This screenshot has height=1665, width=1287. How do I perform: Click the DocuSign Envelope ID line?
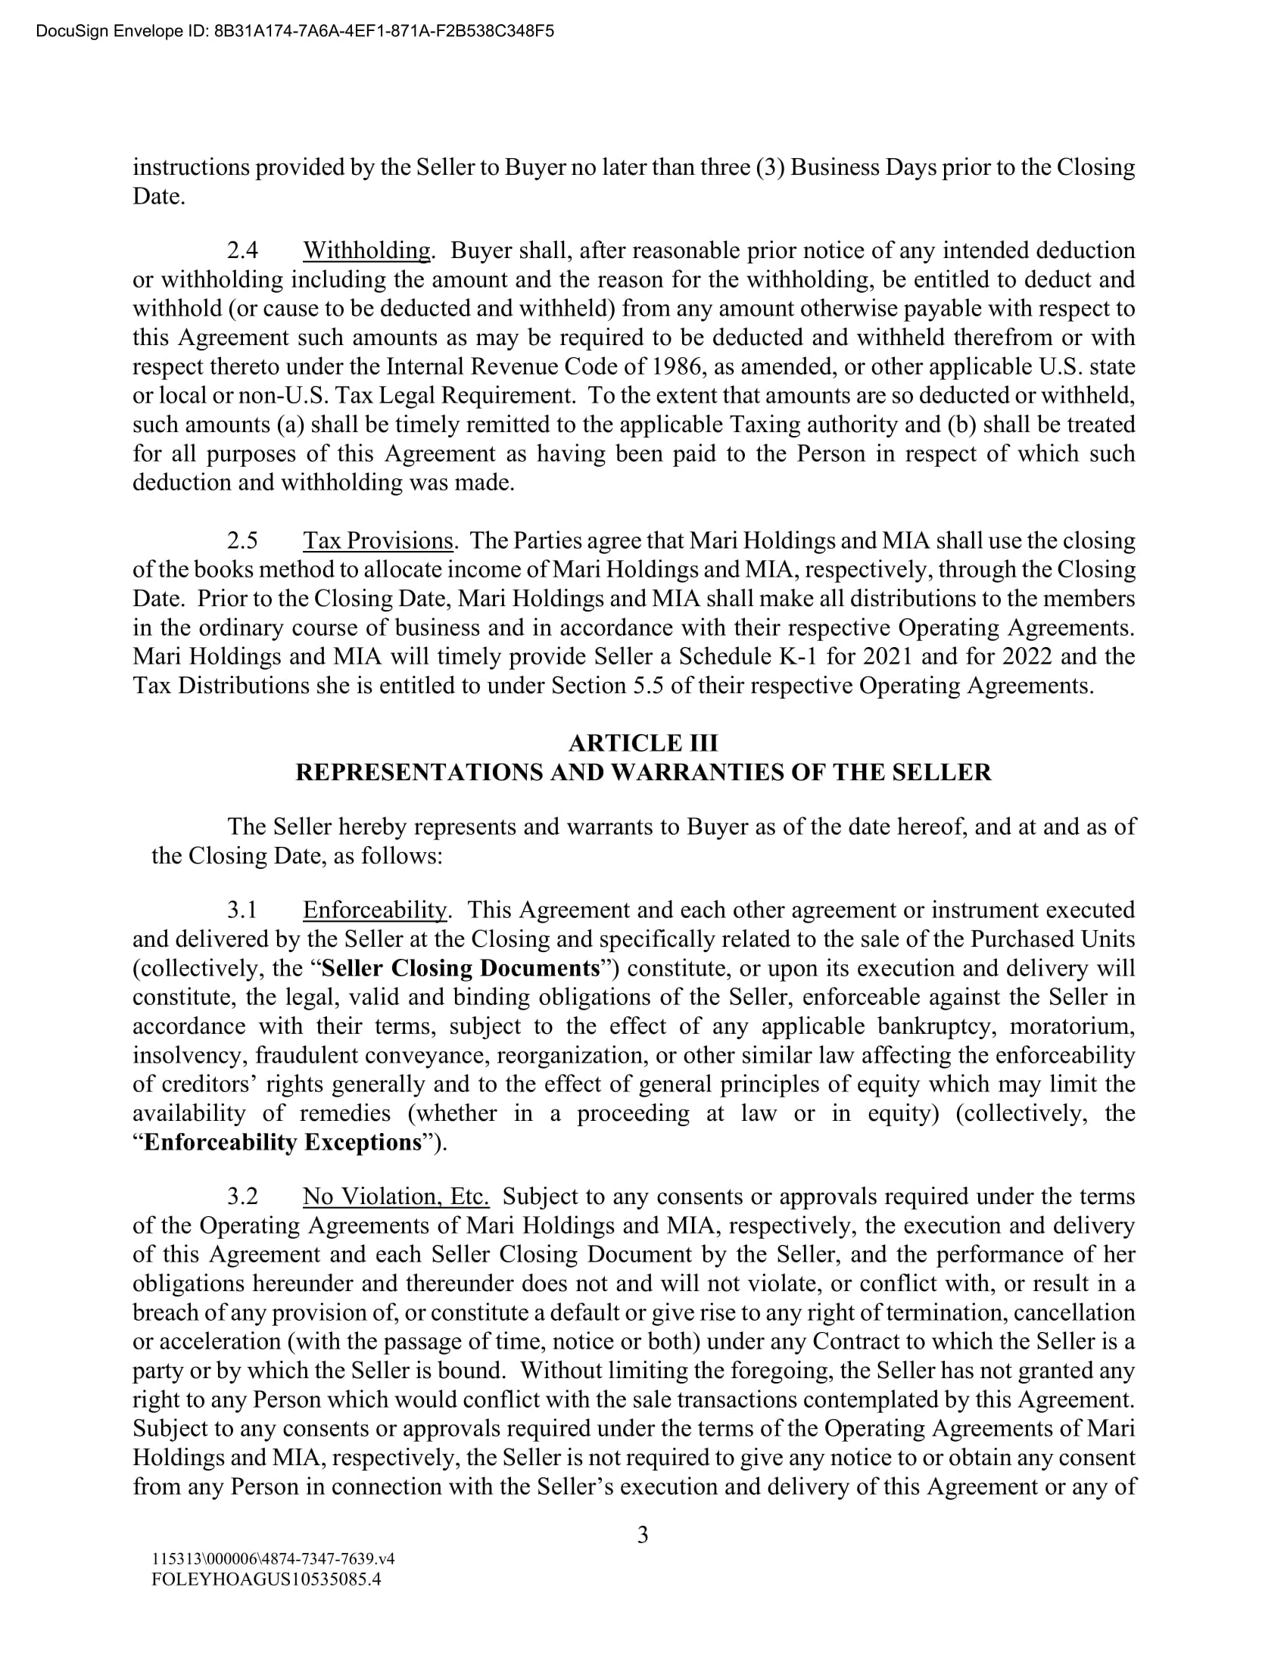point(295,31)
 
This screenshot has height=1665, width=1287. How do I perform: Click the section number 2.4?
point(242,250)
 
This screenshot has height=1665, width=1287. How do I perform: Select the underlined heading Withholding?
point(366,250)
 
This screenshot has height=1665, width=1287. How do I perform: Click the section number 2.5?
point(242,540)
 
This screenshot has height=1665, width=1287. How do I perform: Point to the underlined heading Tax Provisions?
point(379,540)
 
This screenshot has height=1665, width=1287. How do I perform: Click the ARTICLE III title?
point(643,742)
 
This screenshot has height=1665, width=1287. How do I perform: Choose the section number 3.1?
point(242,910)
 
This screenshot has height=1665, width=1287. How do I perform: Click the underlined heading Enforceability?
point(375,910)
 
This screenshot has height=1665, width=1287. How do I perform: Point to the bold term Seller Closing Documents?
point(460,968)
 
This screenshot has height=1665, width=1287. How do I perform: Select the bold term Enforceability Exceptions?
point(282,1142)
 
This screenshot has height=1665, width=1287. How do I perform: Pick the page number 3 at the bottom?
point(643,1535)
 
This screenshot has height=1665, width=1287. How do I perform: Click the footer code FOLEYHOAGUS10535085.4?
point(266,1579)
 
